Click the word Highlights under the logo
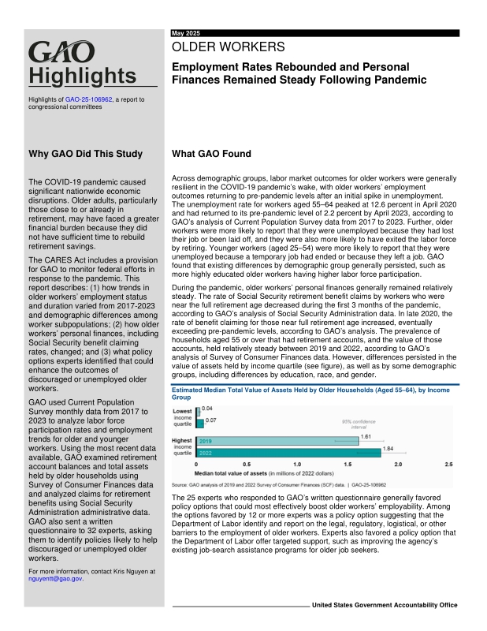pos(82,76)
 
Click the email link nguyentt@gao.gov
pos(54,577)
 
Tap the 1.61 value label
pos(366,435)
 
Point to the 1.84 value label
pos(388,448)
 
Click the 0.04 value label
pos(207,408)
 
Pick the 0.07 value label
pos(210,420)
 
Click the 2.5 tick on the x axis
pos(449,465)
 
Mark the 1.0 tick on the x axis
pos(296,465)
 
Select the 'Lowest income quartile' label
pos(182,417)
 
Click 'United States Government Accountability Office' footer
pos(385,605)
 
